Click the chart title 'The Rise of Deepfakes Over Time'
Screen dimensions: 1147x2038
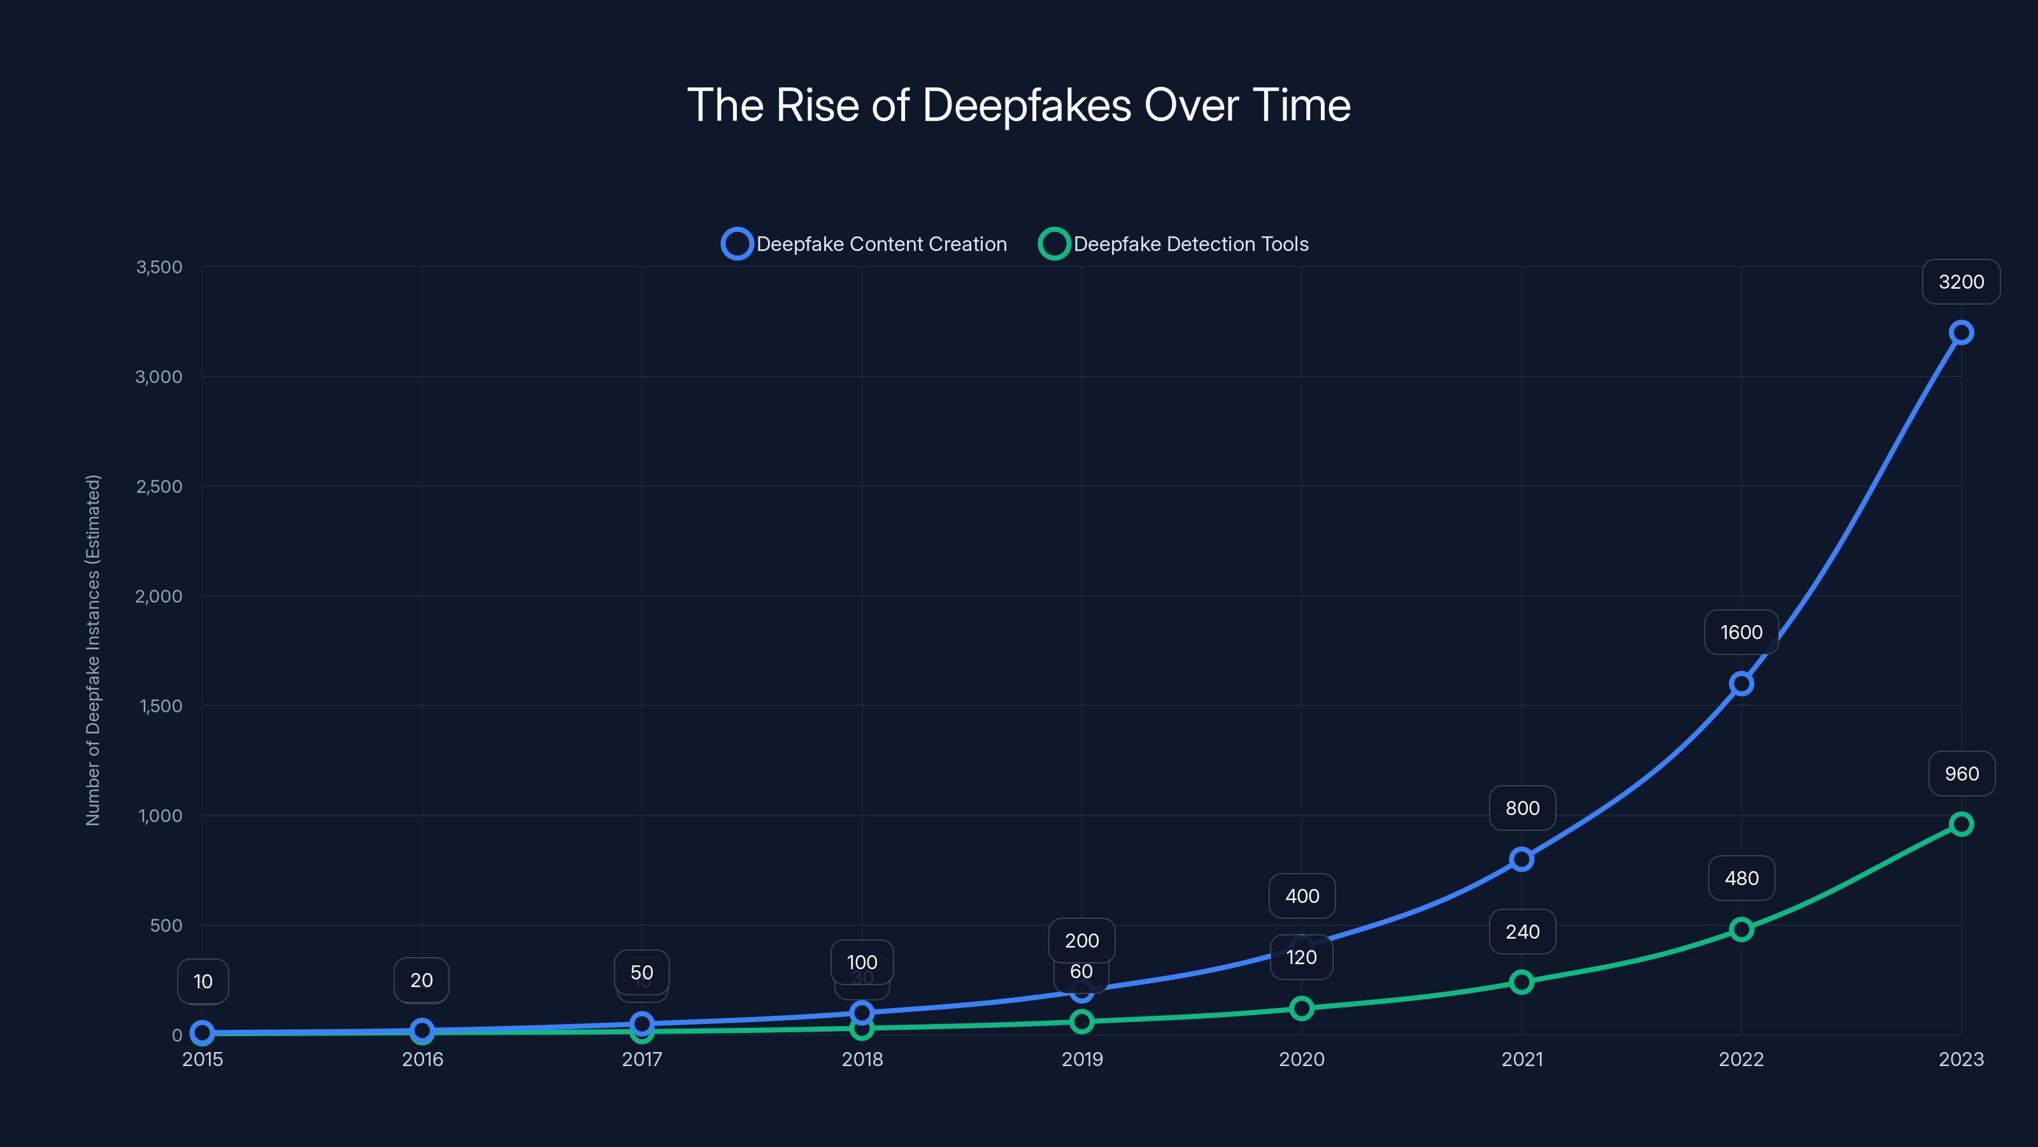tap(1018, 105)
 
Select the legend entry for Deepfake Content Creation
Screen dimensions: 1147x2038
tap(864, 244)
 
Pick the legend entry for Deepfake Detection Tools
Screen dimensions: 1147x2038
tap(1174, 244)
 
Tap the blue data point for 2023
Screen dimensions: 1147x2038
tap(1960, 333)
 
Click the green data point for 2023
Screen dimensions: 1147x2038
tap(1960, 824)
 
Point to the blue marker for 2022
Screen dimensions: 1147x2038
tap(1741, 683)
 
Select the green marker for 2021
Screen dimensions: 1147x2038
tap(1521, 983)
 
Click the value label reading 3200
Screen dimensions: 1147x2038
tap(1960, 282)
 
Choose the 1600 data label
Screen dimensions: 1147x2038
tap(1741, 633)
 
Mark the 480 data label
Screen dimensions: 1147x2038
tap(1741, 879)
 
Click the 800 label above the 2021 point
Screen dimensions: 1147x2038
tap(1521, 808)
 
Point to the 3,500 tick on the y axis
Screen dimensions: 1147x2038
tap(159, 267)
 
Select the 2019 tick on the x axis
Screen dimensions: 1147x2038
tap(1081, 1059)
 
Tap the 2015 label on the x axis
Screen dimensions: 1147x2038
tap(203, 1059)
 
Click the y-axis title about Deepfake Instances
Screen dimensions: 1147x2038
tap(94, 650)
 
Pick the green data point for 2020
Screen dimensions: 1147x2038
tap(1301, 1009)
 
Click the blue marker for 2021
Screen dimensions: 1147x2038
tap(1521, 859)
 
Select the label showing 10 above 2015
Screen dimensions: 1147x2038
tap(203, 981)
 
